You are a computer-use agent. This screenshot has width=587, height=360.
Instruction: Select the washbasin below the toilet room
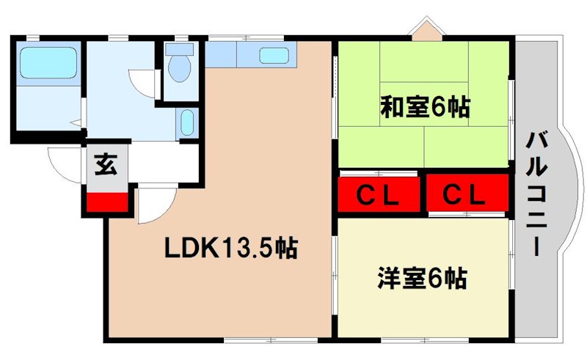point(187,123)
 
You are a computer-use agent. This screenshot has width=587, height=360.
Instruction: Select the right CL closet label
point(465,195)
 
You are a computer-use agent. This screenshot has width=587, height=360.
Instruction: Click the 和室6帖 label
point(424,108)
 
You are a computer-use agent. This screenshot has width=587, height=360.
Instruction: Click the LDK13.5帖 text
point(230,249)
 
